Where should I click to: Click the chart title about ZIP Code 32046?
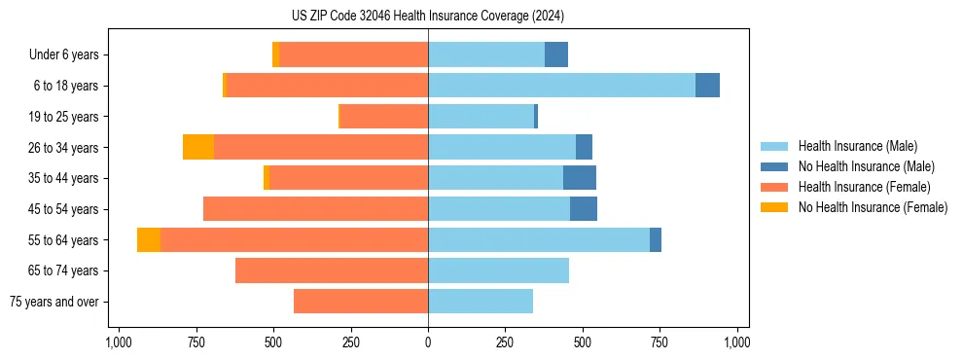tap(428, 17)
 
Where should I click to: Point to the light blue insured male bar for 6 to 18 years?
tap(561, 86)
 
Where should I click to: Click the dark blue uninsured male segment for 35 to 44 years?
tap(580, 178)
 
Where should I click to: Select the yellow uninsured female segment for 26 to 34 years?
tap(198, 147)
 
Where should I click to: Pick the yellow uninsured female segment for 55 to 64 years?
tap(149, 239)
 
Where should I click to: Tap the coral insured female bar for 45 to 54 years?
tap(315, 209)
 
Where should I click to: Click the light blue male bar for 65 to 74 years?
tap(498, 270)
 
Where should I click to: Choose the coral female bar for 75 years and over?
tap(361, 302)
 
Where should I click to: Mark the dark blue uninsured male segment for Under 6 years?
tap(556, 55)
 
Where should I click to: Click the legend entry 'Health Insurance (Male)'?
tap(857, 146)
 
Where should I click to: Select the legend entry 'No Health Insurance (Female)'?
tap(873, 207)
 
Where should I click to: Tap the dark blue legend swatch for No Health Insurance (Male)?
tap(774, 166)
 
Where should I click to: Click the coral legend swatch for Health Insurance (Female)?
tap(774, 187)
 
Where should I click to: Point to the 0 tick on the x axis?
tap(428, 342)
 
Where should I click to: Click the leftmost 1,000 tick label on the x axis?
tap(118, 342)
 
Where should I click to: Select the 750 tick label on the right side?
tap(660, 342)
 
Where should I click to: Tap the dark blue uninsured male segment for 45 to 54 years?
tap(584, 209)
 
